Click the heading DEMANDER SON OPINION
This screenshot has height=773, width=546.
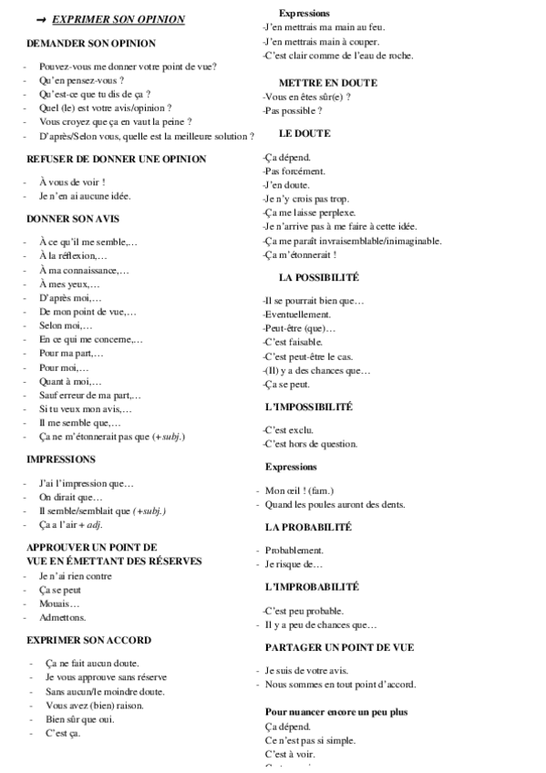tap(91, 43)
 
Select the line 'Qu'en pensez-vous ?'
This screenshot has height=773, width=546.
tap(81, 80)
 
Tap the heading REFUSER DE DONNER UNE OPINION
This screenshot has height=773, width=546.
tap(117, 159)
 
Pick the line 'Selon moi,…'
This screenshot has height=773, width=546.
tap(66, 325)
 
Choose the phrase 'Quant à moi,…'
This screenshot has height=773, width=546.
tap(70, 382)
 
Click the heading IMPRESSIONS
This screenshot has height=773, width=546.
tap(61, 459)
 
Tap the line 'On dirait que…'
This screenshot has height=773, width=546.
tap(71, 498)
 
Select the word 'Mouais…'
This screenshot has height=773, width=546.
tap(59, 603)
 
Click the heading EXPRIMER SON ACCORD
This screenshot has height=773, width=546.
tap(89, 640)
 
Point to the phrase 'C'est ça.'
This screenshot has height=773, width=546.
tap(63, 733)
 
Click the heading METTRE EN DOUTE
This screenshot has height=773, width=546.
tap(328, 83)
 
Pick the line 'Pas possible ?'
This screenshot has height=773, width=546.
tap(293, 110)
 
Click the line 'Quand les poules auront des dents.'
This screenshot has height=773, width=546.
tap(335, 504)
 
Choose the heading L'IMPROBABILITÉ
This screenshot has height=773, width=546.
tap(312, 587)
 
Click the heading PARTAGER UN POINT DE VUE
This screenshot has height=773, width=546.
tap(339, 647)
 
